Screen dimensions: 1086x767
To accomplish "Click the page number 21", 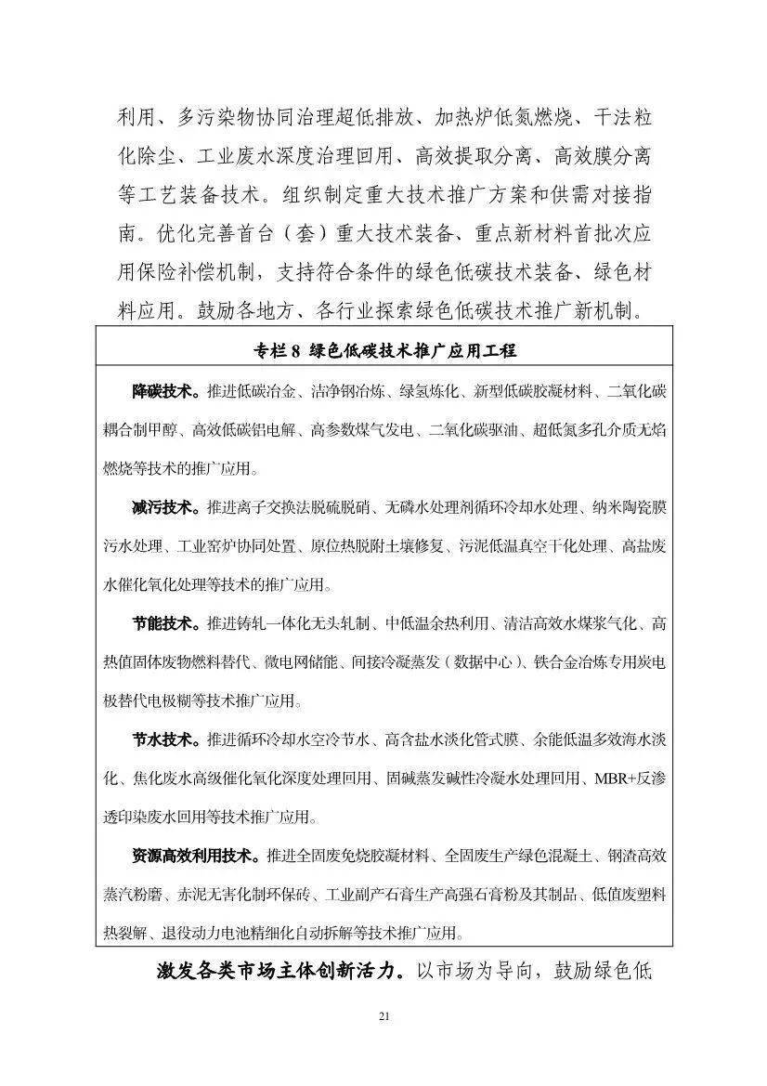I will [x=383, y=1016].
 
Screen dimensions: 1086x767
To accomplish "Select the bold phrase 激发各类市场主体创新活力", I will [x=274, y=972].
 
